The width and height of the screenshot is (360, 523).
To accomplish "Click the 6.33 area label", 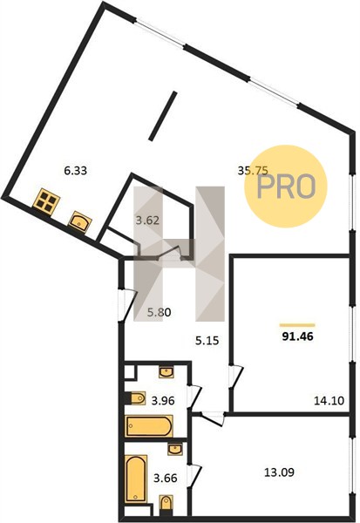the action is [76, 171].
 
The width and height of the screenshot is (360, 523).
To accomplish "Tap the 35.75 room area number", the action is [253, 171].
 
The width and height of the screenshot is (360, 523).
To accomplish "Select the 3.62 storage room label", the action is [147, 221].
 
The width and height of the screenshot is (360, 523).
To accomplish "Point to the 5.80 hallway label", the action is [160, 313].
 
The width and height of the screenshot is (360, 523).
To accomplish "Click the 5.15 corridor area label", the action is [207, 341].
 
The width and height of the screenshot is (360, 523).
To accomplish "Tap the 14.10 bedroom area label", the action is [329, 400].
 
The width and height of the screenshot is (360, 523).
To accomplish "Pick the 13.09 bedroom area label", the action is [279, 472].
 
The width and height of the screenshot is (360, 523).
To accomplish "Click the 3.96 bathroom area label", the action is [163, 400].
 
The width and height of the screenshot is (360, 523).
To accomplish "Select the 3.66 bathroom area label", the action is [165, 479].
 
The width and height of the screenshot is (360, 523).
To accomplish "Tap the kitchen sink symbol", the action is [80, 221].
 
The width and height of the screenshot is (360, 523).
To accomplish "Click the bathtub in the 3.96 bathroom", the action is [149, 425].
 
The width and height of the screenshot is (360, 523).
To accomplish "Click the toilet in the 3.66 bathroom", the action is [166, 503].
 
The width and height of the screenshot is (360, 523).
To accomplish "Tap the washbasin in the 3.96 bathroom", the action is [166, 372].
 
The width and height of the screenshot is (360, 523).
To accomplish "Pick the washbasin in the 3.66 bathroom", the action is [175, 449].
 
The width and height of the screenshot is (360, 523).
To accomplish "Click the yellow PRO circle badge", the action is [286, 187].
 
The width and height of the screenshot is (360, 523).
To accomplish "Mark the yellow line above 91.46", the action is [297, 325].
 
